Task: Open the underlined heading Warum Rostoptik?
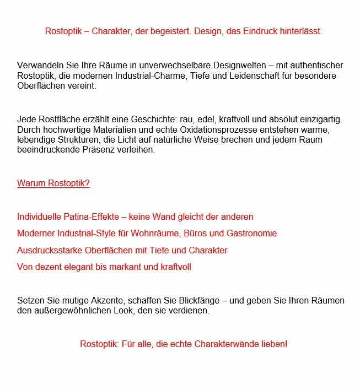(53, 183)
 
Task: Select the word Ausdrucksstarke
(50, 250)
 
